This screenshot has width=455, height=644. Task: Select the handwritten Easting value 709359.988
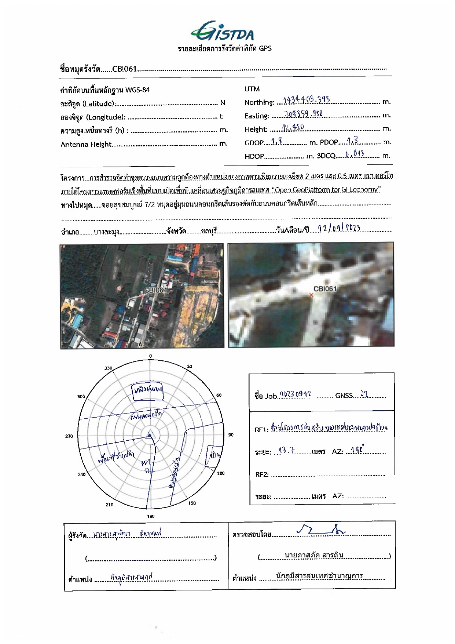303,113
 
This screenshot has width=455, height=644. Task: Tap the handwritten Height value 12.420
293,127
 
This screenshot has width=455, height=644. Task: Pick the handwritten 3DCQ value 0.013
354,154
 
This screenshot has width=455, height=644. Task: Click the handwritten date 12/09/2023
339,228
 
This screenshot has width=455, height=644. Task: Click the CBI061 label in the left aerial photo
155,290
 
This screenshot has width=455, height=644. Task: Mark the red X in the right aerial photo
311,295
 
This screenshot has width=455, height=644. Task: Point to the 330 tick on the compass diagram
108,368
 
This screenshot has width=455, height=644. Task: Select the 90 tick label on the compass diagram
231,435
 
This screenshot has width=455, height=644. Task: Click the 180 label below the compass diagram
151,516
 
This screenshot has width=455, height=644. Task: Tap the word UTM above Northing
252,89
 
